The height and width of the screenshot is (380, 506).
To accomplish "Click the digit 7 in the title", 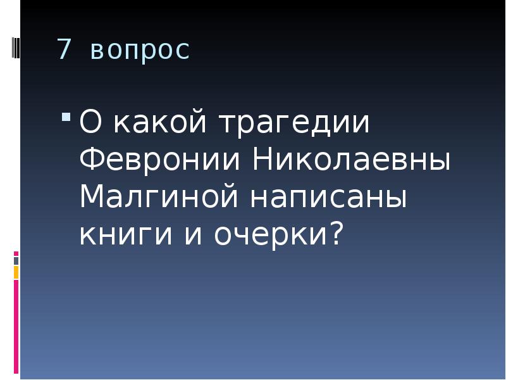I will point(63,49).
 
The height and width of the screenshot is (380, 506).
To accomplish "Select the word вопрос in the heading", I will point(140,51).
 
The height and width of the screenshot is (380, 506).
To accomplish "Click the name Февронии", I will point(161,161).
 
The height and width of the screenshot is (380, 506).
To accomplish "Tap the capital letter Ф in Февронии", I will point(90,160).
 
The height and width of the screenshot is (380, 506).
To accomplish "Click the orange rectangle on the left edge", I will point(16,272).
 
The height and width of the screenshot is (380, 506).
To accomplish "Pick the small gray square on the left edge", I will point(16,260).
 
